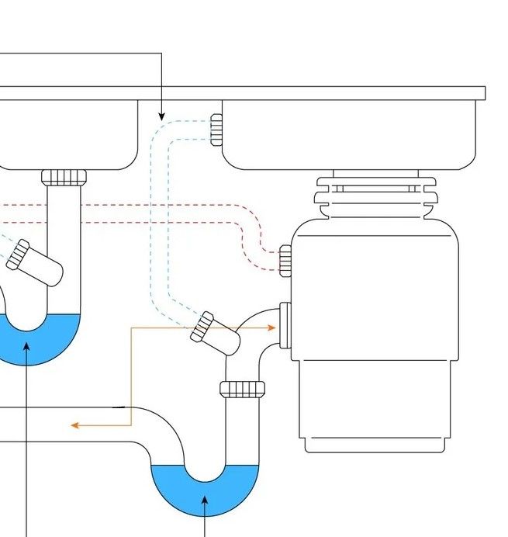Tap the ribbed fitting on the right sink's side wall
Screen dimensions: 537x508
click(216, 130)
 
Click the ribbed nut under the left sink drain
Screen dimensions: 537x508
click(64, 177)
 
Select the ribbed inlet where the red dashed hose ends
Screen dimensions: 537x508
click(285, 260)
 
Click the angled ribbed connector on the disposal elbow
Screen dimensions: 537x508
click(203, 327)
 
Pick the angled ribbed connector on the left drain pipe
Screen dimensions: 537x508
click(19, 254)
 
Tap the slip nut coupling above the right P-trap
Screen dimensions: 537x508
click(243, 388)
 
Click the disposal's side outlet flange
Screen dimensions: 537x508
click(285, 326)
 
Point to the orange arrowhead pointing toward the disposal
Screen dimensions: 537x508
click(271, 327)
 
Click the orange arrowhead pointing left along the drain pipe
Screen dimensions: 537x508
click(75, 424)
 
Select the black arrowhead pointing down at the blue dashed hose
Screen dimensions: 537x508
click(161, 116)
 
